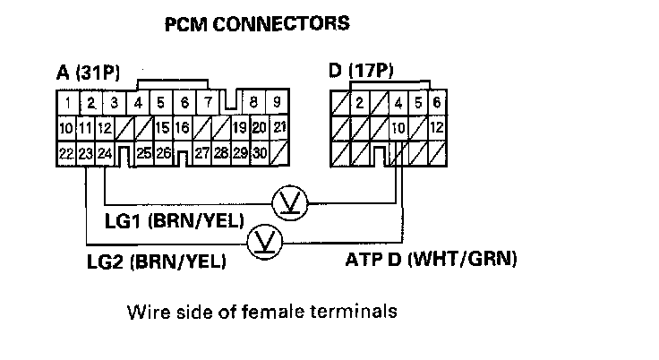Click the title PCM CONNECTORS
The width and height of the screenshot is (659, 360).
(x=256, y=24)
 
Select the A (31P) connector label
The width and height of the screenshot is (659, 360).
(x=90, y=74)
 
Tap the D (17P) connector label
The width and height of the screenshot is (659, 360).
(x=363, y=72)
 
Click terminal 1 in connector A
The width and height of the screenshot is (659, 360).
(x=68, y=101)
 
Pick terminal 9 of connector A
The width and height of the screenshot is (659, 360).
(x=278, y=101)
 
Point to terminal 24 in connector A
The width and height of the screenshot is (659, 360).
(x=105, y=153)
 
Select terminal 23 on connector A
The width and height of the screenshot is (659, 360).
(x=86, y=153)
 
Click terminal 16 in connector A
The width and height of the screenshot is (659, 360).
(x=182, y=127)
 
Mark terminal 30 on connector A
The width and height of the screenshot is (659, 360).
(x=259, y=153)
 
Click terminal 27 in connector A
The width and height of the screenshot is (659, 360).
(x=202, y=153)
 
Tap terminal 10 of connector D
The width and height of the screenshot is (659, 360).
(x=398, y=127)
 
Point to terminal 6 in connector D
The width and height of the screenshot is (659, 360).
(x=437, y=102)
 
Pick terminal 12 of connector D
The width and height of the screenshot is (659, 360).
(x=437, y=127)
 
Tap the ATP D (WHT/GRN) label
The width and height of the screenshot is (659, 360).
(x=432, y=261)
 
